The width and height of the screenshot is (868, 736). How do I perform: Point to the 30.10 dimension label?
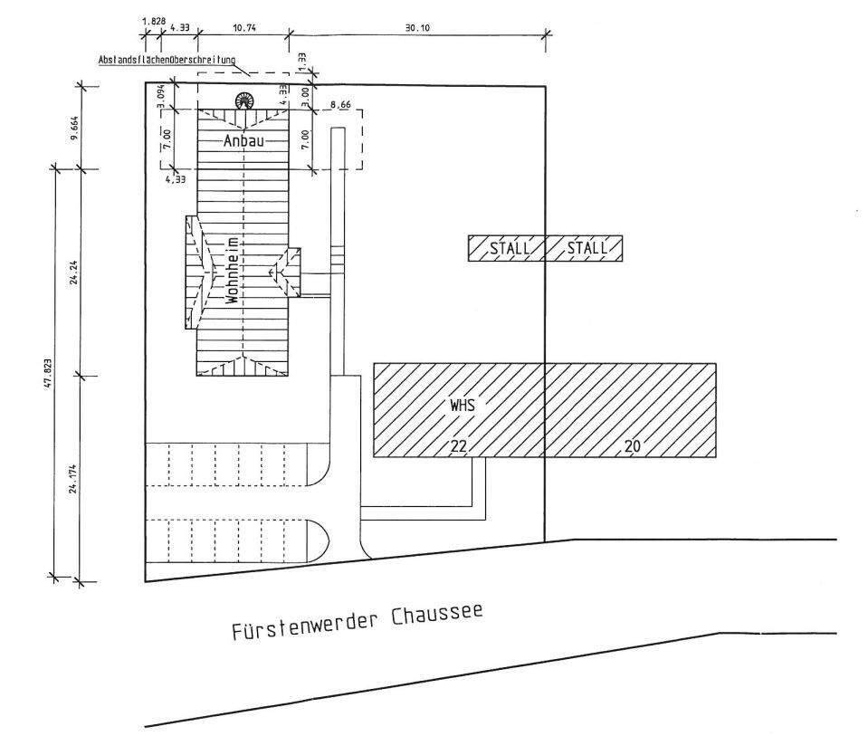tap(417, 28)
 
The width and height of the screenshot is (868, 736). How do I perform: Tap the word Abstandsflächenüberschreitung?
tap(167, 61)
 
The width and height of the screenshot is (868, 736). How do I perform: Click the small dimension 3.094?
tap(160, 94)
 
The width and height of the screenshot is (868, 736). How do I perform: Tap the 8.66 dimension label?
tap(340, 106)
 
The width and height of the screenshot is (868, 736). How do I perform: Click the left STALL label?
tap(506, 248)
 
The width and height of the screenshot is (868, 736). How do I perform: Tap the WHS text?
tap(462, 406)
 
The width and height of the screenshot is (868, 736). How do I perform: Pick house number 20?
tap(632, 445)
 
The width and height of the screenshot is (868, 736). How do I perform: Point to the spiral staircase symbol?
tap(243, 100)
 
